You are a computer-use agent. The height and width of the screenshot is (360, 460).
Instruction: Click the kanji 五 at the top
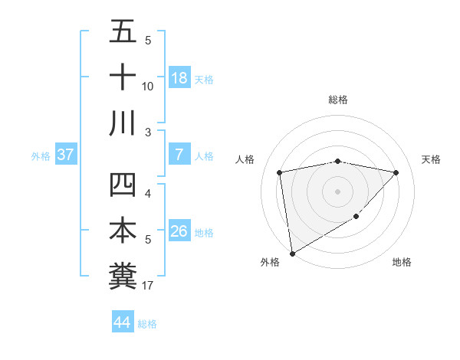pos(123,32)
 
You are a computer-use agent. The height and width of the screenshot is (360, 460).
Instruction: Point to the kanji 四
pos(123,186)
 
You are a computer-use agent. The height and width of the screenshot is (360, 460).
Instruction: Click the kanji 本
pos(123,231)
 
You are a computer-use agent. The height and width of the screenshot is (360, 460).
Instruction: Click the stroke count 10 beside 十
pos(148,87)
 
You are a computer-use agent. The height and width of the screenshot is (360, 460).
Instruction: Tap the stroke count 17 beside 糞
pos(148,286)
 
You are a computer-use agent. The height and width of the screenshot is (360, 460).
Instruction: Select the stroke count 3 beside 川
pos(148,133)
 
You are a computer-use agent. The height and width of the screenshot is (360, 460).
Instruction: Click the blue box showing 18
pos(179,78)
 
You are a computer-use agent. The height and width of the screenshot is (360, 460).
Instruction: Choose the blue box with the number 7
pos(179,155)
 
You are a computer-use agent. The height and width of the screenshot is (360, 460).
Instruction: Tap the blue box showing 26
pos(179,231)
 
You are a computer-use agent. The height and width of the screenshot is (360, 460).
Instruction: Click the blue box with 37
pos(66,155)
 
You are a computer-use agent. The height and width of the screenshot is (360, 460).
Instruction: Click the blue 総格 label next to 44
pos(147,324)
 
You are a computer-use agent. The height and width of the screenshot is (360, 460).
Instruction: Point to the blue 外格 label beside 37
pos(41,156)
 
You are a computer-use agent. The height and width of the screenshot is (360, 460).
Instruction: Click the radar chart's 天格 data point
pos(396,172)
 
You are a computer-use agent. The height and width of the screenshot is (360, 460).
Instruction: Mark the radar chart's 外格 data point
pos(292,253)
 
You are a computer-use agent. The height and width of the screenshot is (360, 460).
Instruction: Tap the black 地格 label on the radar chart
pos(402,263)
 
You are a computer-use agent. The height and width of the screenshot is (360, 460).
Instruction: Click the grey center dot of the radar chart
pos(337,191)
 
